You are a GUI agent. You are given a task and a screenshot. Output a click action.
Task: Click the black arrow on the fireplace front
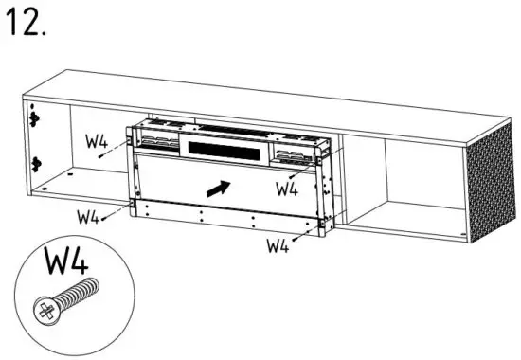[217, 188]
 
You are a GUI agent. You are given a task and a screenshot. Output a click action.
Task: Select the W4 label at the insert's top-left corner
[97, 145]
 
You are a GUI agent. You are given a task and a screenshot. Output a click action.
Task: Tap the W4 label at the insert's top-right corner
[287, 188]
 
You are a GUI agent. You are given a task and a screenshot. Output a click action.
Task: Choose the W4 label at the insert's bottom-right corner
[277, 246]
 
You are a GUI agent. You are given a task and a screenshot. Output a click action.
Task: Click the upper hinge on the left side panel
[34, 119]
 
